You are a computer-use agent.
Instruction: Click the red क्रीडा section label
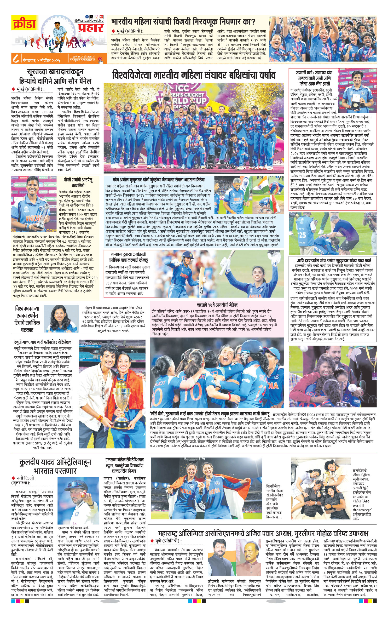[x=24, y=23]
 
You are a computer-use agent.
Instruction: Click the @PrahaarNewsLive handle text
[x=89, y=20]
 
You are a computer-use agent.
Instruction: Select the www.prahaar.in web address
[x=84, y=56]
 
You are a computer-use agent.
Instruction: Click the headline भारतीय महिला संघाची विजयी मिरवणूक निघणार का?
[x=183, y=22]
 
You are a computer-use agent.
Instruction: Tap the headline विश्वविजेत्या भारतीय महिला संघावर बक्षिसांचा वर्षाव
[x=194, y=75]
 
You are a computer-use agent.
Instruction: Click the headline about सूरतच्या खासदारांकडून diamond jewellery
[x=55, y=76]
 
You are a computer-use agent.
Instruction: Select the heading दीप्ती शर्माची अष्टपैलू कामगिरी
[x=78, y=182]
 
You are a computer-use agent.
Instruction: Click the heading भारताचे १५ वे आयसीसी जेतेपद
[x=217, y=305]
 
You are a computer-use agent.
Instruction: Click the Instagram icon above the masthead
[x=96, y=16]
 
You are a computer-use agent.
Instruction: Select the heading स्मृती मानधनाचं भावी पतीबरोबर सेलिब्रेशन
[x=43, y=342]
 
